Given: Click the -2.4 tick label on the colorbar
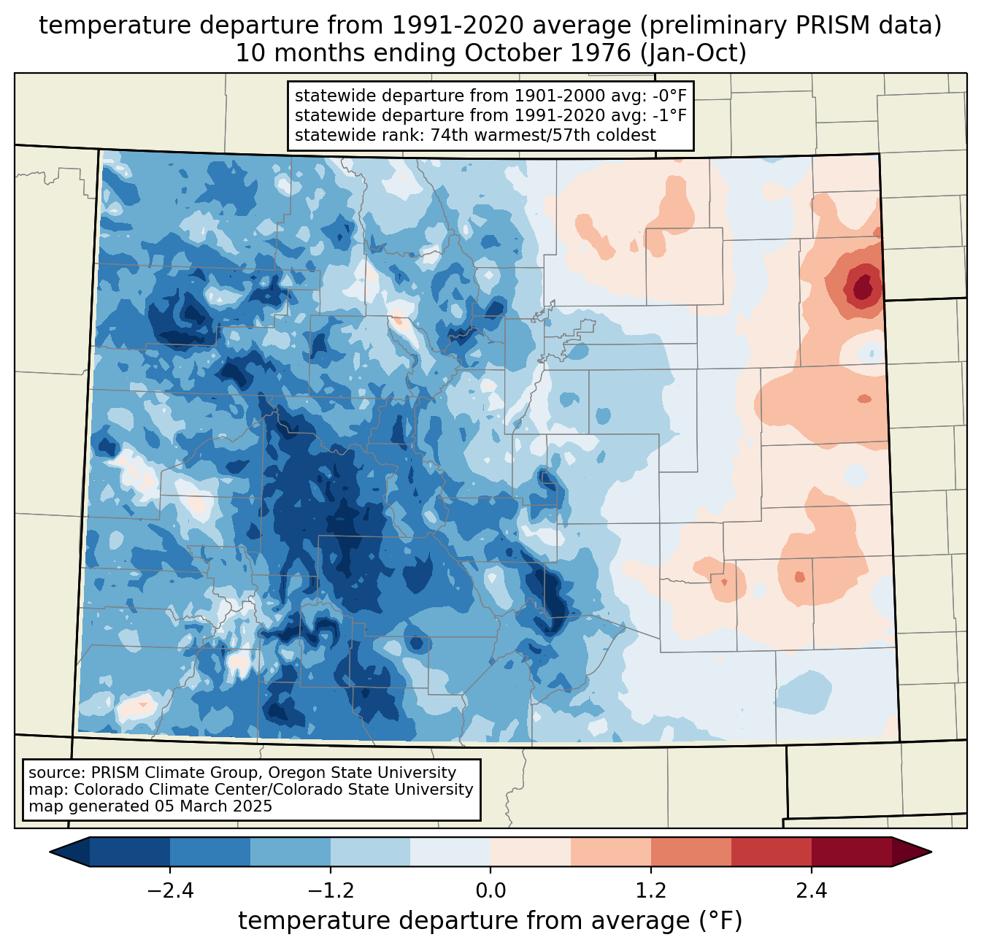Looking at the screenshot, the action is click(x=170, y=891).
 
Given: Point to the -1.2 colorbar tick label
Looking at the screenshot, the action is click(x=331, y=891).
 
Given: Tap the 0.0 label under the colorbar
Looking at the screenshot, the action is click(x=490, y=891).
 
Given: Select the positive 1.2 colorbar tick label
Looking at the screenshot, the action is click(x=651, y=891).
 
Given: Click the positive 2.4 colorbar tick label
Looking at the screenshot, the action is click(x=811, y=891).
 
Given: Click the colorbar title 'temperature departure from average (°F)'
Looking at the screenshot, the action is click(x=490, y=921).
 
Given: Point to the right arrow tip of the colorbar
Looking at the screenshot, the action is click(x=931, y=852).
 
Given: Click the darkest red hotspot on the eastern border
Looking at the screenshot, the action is click(x=865, y=287).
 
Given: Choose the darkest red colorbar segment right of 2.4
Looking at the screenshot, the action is click(x=852, y=852).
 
